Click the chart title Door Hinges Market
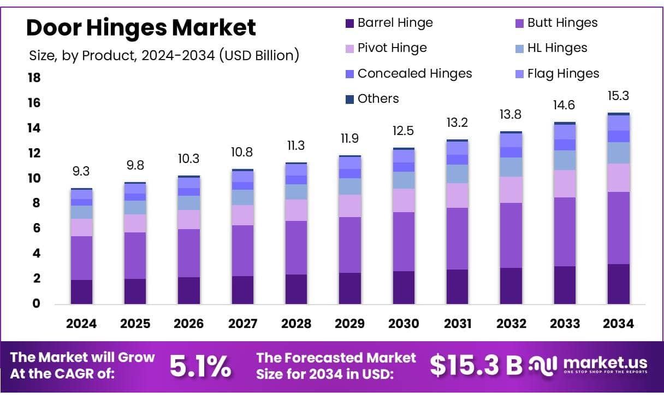[141, 27]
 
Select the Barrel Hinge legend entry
[395, 23]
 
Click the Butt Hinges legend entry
[562, 23]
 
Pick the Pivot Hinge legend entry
[392, 48]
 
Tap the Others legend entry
[378, 99]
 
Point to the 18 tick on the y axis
[34, 78]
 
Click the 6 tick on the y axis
[37, 229]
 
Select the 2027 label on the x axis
[242, 324]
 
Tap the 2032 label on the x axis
[511, 324]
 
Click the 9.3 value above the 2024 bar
[81, 172]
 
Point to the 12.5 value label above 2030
[404, 131]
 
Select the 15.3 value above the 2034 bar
[618, 96]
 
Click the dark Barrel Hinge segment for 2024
[81, 291]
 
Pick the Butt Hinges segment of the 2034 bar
[618, 228]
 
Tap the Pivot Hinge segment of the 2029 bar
[349, 206]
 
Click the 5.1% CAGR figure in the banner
[200, 366]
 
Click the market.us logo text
[604, 363]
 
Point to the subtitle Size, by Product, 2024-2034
[163, 55]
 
